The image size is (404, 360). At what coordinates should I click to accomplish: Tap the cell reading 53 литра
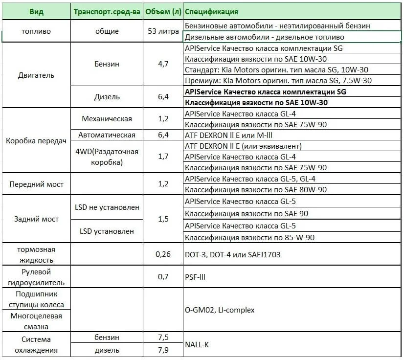point(163,31)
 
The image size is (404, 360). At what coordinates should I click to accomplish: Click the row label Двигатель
point(37,75)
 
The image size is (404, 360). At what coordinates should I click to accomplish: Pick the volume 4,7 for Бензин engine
point(163,64)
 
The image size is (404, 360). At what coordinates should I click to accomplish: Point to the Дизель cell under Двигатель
point(107,97)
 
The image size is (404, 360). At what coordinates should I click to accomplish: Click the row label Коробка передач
point(36,140)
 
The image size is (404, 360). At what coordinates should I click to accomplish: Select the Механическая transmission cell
point(107,118)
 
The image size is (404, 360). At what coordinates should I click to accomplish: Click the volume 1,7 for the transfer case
point(163,157)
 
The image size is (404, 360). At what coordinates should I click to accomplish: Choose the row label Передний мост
point(36,184)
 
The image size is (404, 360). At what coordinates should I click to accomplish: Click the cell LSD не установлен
point(107,207)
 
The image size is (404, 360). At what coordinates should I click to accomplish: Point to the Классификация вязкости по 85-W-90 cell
point(249,237)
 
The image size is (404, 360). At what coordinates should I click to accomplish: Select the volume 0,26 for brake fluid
point(163,254)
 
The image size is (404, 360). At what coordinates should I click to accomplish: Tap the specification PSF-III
point(196,277)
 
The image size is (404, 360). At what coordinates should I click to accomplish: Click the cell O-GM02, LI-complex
point(220,310)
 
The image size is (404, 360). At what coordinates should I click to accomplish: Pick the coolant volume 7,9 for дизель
point(163,350)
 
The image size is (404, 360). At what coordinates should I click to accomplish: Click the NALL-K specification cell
point(197,344)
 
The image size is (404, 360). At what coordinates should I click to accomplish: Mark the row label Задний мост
point(36,219)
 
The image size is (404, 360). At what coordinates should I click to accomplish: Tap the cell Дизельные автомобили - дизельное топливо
point(265,37)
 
